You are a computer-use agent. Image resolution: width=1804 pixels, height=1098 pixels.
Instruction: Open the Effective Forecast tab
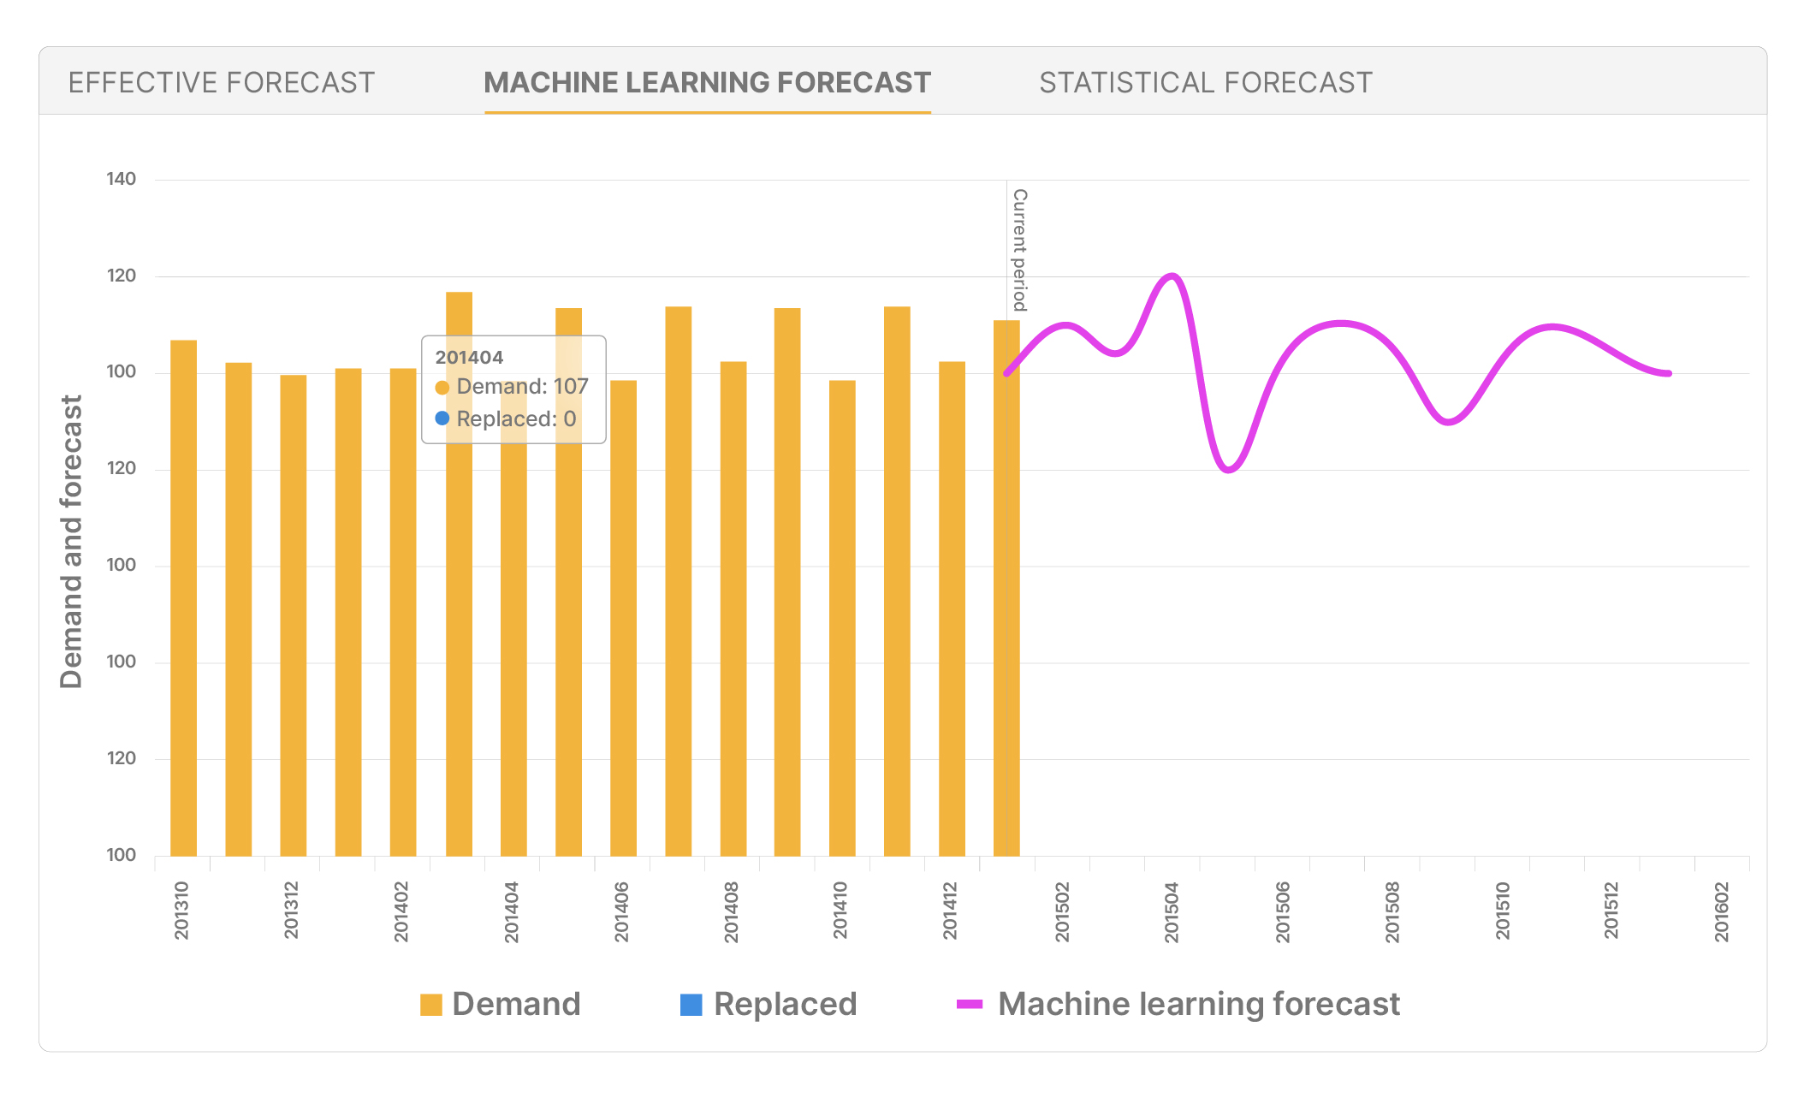point(222,83)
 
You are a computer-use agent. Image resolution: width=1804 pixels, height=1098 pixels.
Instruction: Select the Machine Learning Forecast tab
point(707,83)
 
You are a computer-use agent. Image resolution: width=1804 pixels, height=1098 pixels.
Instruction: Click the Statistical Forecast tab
point(1205,83)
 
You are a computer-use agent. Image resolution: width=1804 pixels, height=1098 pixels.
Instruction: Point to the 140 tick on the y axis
point(121,179)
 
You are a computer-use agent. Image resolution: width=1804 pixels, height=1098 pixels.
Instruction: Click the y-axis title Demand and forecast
point(72,541)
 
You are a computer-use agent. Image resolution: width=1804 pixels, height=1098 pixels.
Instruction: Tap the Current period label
point(1019,250)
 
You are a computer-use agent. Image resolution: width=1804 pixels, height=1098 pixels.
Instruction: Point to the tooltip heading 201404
point(469,358)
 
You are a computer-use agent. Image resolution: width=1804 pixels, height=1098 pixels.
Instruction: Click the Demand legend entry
point(501,1004)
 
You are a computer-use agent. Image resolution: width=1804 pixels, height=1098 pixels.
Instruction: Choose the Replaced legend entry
point(768,1004)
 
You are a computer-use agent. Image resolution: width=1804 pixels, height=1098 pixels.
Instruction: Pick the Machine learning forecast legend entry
point(1178,1004)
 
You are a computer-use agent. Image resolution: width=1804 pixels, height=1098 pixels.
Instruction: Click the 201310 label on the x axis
point(181,911)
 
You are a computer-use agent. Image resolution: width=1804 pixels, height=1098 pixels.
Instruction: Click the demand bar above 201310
point(183,599)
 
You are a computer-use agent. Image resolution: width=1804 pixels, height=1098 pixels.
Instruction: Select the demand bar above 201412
point(952,608)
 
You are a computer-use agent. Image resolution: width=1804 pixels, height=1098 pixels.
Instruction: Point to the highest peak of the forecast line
point(1172,276)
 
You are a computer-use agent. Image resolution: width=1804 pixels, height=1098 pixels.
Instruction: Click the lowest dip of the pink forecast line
point(1228,470)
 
